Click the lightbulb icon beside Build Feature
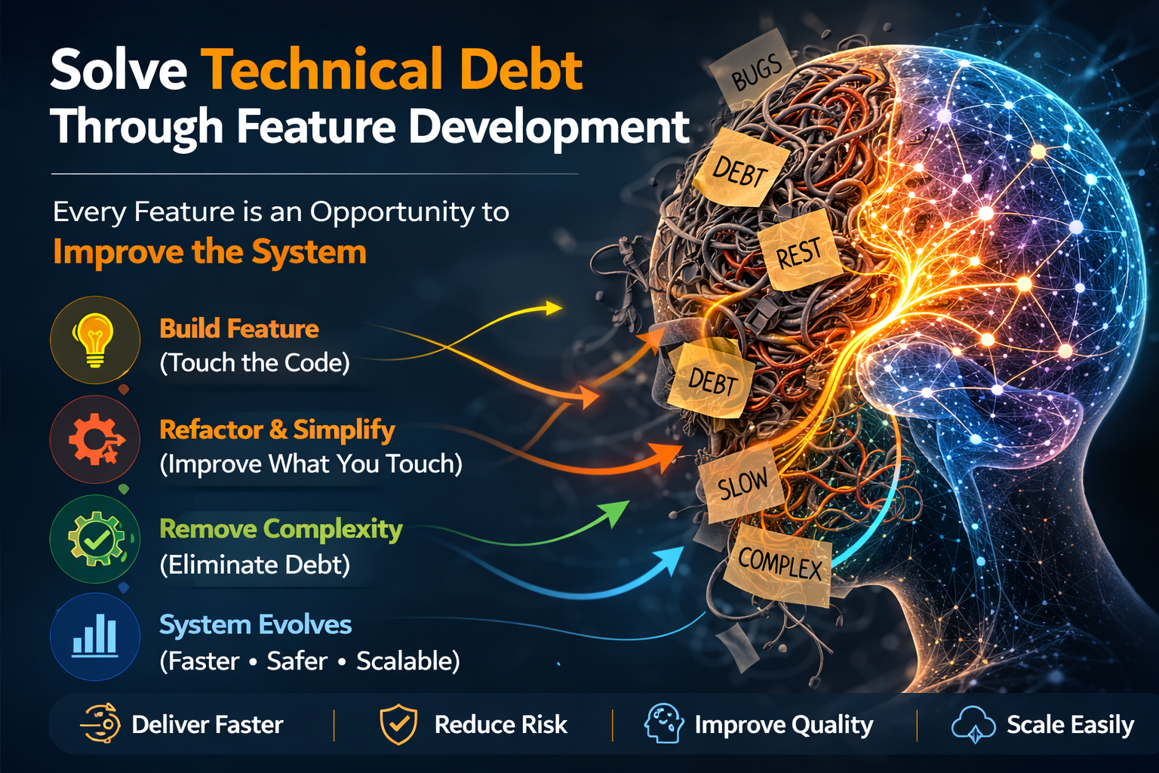coord(94,340)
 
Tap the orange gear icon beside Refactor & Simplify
coord(95,439)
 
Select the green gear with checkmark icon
coord(95,539)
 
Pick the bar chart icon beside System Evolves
coord(95,636)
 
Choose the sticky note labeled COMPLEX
coord(779,563)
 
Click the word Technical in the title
coord(322,69)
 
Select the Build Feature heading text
coord(239,328)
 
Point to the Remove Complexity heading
coord(281,529)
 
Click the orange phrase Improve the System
coord(210,251)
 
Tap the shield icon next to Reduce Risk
coord(398,725)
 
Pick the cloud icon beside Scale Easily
coord(974,725)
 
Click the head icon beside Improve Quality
coord(664,723)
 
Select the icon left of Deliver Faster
coord(101,723)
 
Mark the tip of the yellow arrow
coord(561,308)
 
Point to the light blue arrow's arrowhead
coord(681,552)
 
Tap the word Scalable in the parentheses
coord(407,661)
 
